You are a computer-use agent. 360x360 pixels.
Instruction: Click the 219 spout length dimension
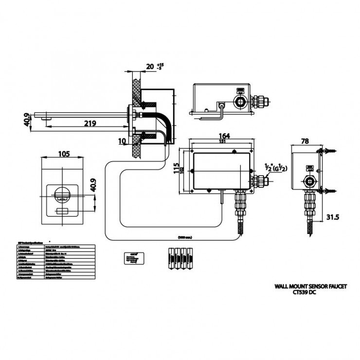(89, 124)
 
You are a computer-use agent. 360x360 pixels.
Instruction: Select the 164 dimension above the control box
(223, 136)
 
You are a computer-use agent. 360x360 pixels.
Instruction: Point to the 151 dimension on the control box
(223, 142)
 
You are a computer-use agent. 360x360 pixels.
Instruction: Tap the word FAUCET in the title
(336, 287)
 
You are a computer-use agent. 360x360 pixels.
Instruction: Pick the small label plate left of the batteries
(133, 258)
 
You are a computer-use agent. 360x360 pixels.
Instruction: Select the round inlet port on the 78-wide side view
(308, 182)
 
